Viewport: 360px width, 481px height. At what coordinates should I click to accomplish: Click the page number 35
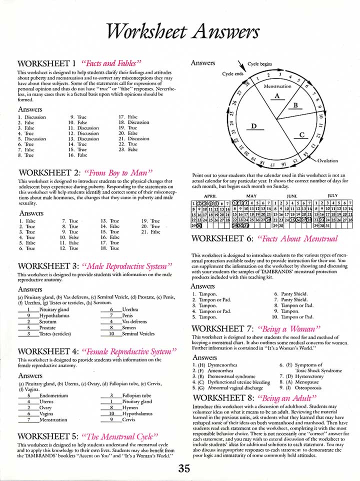[x=183, y=468]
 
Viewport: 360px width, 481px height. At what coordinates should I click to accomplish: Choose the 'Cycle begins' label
[x=259, y=64]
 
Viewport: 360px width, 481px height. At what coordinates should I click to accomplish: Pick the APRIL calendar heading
[x=210, y=195]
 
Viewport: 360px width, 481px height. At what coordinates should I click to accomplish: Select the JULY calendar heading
[x=332, y=195]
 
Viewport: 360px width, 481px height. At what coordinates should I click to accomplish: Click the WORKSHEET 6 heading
[x=221, y=239]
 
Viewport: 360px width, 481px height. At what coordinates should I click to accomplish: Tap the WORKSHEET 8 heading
[x=221, y=398]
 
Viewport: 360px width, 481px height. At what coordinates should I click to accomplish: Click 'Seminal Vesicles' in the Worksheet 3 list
[x=138, y=334]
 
